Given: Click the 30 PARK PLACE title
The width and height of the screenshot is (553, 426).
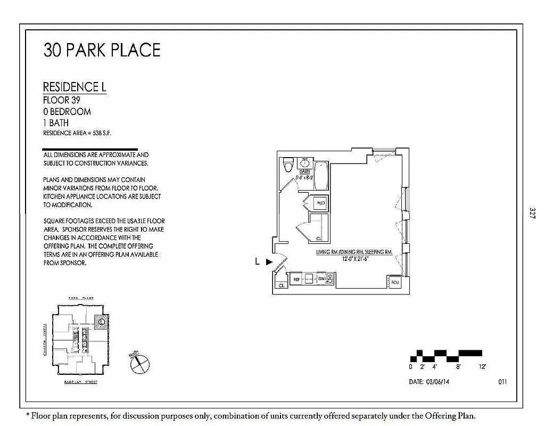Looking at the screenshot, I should point(102,50).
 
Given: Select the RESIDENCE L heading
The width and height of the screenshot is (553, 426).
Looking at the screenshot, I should point(75,87).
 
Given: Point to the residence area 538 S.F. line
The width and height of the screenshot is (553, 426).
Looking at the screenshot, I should point(77,133).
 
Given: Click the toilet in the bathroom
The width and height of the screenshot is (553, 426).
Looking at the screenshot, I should point(288,165).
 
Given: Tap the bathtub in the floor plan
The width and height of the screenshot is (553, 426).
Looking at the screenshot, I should point(321,177).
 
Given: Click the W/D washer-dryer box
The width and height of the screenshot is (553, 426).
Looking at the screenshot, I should point(320,203).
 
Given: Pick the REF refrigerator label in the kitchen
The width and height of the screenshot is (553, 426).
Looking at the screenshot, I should point(296,278).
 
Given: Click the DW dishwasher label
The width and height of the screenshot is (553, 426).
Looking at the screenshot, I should point(321,278).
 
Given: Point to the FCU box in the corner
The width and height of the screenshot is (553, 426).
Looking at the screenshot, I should point(395,282).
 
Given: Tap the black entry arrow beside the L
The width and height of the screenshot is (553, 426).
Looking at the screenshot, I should point(269,261).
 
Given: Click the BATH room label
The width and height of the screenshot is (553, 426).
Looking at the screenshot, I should point(304,171).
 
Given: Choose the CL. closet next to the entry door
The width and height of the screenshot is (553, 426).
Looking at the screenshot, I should point(280,285).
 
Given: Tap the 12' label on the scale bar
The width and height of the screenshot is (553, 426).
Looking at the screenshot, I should point(482,367).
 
